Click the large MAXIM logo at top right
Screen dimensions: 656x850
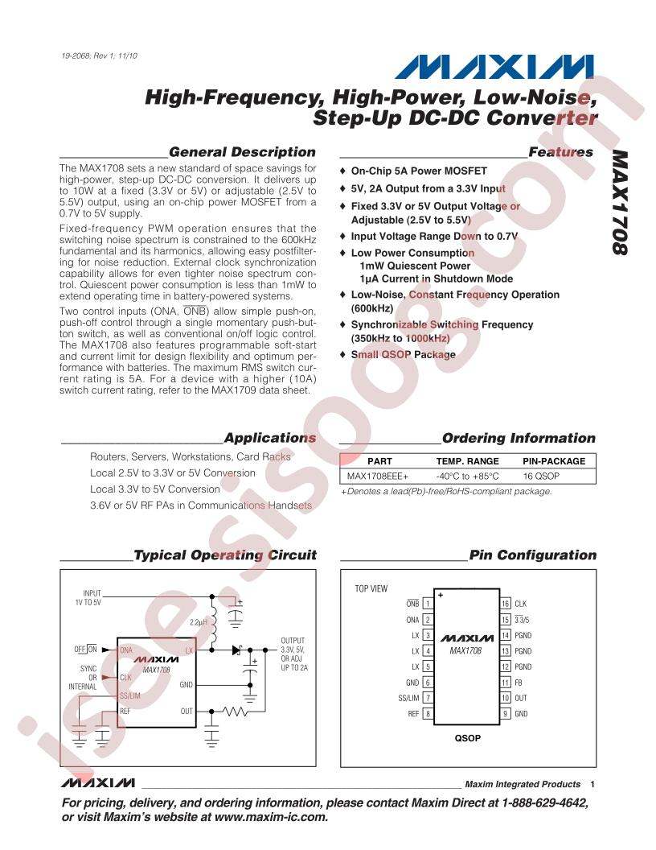[x=494, y=68]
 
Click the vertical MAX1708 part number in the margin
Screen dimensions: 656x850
[x=621, y=202]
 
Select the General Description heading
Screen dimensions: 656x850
[x=242, y=152]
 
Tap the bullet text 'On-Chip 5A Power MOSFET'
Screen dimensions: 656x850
[x=419, y=171]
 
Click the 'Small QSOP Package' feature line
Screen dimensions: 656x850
[x=404, y=354]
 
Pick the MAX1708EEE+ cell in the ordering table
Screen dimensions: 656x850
[x=378, y=476]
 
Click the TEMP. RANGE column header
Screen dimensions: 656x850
[x=468, y=461]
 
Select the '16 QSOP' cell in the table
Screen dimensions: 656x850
[x=541, y=476]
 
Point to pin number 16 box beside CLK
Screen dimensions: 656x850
[x=505, y=604]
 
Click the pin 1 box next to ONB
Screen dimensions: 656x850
[x=428, y=604]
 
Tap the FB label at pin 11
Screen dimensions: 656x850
[x=519, y=683]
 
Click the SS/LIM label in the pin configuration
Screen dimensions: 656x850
[x=408, y=698]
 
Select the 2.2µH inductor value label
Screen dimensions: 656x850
[x=199, y=622]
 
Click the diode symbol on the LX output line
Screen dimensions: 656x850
[x=237, y=650]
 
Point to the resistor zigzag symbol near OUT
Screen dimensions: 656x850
[x=236, y=712]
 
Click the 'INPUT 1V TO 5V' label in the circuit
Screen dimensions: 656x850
[x=88, y=597]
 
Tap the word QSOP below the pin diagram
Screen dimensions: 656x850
[x=468, y=738]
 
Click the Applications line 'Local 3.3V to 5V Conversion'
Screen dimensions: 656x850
[x=155, y=489]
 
